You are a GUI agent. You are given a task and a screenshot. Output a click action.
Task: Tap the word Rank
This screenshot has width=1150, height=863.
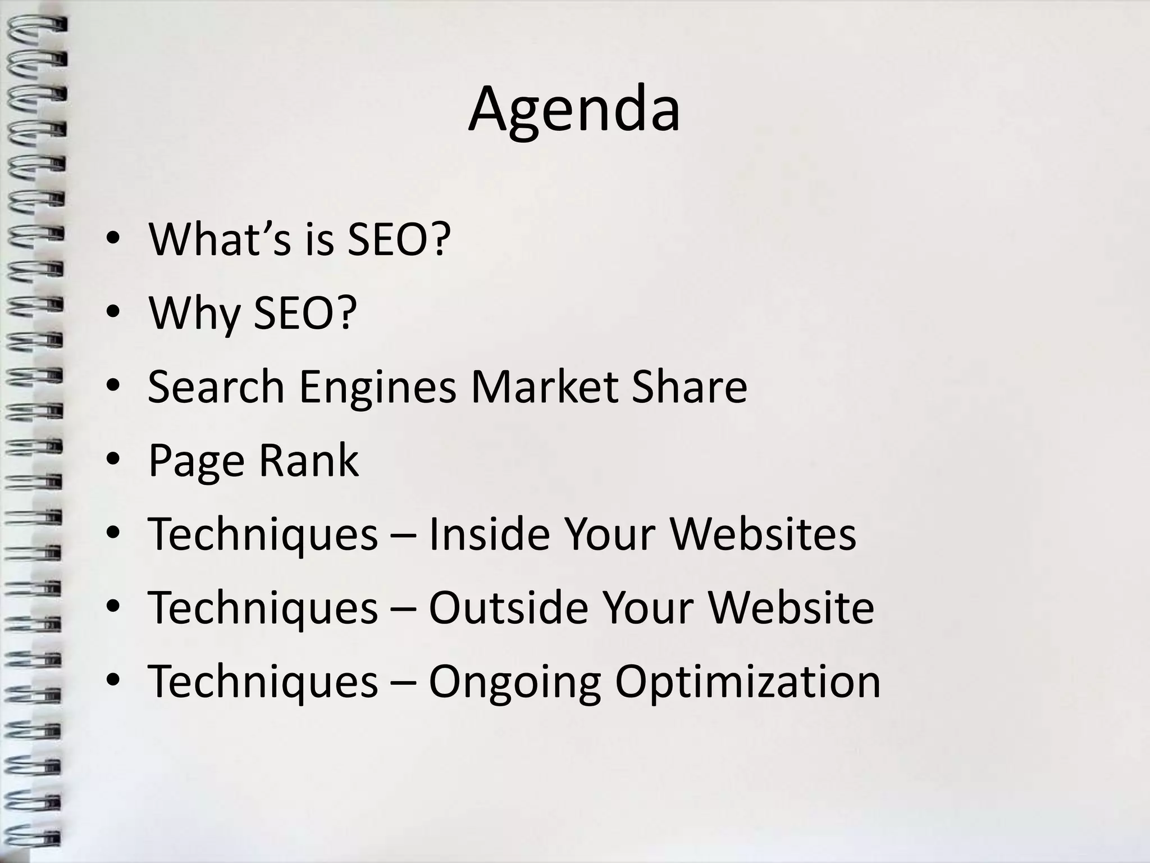coord(308,461)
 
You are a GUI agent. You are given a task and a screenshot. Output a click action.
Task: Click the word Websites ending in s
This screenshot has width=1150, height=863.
coord(763,534)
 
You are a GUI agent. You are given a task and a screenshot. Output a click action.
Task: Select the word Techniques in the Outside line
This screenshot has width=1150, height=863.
coord(263,608)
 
